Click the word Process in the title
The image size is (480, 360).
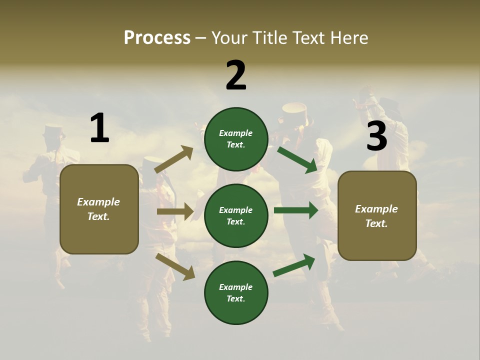(157, 38)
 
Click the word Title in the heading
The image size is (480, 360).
(269, 38)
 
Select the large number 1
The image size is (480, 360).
(99, 128)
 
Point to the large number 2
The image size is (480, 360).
(236, 75)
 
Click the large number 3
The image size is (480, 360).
(376, 136)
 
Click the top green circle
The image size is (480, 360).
(236, 139)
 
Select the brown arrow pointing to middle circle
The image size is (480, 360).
(175, 211)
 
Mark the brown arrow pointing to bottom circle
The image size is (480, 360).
(175, 266)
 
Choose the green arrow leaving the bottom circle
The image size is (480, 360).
(294, 265)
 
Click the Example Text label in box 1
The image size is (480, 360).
(98, 209)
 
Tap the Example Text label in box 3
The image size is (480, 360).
(376, 216)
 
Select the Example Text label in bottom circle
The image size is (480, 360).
(235, 292)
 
